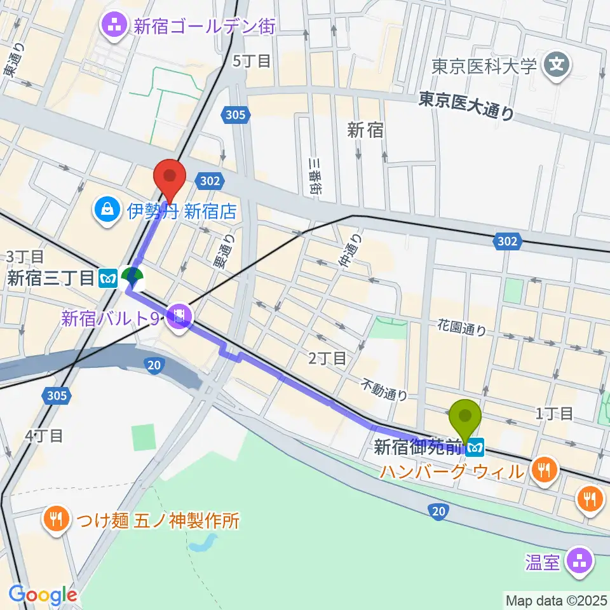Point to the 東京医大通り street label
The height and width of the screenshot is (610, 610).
[466, 105]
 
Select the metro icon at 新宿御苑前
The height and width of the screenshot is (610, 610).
[474, 449]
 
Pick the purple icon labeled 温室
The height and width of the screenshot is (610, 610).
[579, 562]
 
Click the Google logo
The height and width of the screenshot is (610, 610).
[43, 595]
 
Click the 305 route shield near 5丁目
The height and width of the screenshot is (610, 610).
[235, 114]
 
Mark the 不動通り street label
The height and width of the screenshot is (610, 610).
[385, 389]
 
